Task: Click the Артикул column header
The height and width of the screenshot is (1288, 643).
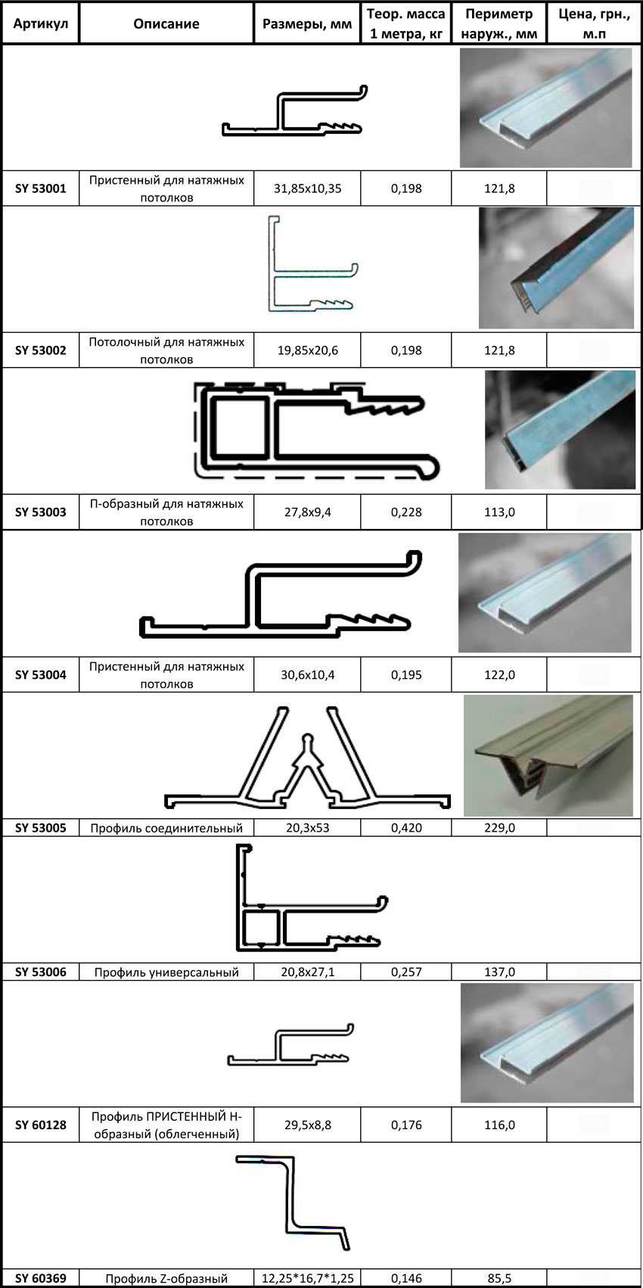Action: tap(41, 23)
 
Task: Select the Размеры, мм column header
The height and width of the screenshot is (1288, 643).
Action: tap(307, 23)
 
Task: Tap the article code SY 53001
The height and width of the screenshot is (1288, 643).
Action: tap(41, 188)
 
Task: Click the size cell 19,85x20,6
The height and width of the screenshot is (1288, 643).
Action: tap(307, 350)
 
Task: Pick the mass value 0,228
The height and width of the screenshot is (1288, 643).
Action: tap(406, 512)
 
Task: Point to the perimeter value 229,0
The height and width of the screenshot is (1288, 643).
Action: tap(499, 828)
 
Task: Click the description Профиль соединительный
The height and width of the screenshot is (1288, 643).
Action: tap(166, 828)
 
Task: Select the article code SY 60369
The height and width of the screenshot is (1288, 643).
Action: tap(41, 1279)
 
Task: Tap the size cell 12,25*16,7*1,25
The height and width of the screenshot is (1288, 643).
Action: tap(307, 1279)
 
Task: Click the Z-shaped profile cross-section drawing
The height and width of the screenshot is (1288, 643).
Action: tap(295, 1203)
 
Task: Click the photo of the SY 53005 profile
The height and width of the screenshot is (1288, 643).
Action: tap(548, 755)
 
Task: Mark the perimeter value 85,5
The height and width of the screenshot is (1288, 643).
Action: tap(499, 1279)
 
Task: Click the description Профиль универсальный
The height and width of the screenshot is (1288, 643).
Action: tap(166, 972)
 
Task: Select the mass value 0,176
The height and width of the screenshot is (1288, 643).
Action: tap(406, 1125)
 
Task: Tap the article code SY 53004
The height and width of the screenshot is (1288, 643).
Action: tap(41, 675)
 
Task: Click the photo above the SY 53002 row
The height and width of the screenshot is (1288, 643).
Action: tap(556, 268)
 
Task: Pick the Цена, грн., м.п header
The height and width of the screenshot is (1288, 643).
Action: tap(594, 23)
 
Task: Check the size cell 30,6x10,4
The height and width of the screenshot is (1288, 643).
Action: tap(307, 675)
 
